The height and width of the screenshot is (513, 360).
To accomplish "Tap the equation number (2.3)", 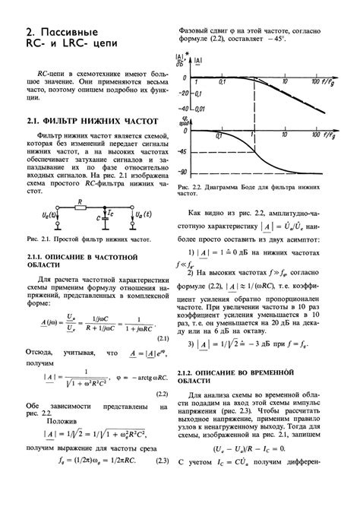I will (x=162, y=482).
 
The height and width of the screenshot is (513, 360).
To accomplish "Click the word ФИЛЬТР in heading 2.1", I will (x=69, y=120).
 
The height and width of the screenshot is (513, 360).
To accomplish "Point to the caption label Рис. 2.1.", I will (x=37, y=239).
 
